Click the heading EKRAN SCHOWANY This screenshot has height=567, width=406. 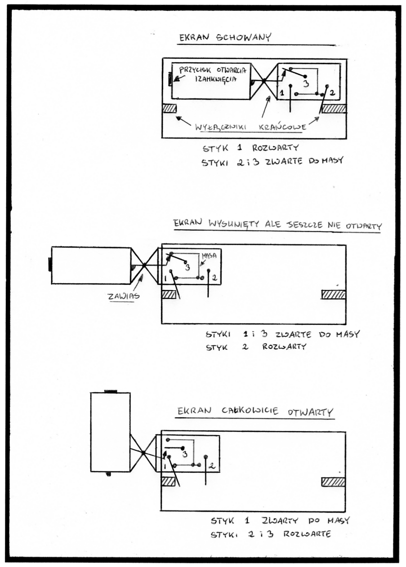(x=225, y=37)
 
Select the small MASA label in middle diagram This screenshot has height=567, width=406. (x=209, y=256)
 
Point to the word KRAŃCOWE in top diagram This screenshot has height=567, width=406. (x=282, y=127)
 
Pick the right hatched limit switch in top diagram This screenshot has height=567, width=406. (x=334, y=108)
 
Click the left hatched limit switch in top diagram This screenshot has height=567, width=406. (x=170, y=108)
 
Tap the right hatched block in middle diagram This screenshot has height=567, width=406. (x=334, y=294)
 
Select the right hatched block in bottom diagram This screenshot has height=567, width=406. (x=334, y=482)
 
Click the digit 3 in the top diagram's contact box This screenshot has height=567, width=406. (x=306, y=84)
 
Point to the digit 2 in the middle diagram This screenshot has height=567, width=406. (x=214, y=278)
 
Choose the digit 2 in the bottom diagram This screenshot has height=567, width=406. (x=212, y=465)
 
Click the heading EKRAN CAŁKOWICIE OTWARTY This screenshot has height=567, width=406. (x=255, y=412)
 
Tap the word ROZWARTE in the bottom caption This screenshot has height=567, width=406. (x=307, y=534)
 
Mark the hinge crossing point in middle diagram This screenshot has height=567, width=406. (x=144, y=265)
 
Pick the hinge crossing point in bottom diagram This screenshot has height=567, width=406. (x=143, y=452)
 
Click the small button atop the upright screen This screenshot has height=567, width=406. (x=111, y=391)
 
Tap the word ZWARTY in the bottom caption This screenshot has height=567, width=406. (x=280, y=520)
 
